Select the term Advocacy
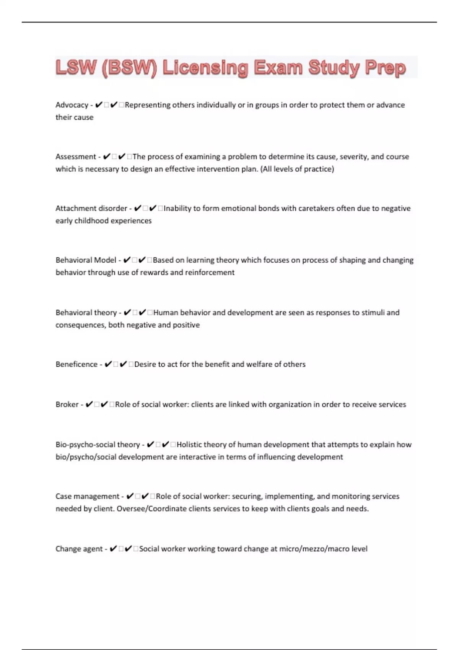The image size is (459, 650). (72, 105)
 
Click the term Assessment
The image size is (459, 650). (76, 157)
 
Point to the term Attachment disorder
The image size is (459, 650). (91, 208)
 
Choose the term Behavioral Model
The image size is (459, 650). (86, 260)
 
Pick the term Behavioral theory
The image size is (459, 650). (86, 313)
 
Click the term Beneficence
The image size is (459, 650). (76, 364)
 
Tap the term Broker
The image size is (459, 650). (67, 405)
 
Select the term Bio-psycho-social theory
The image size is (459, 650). (98, 445)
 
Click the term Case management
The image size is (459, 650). (87, 496)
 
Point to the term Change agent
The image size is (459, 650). (79, 549)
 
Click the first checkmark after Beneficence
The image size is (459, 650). (108, 364)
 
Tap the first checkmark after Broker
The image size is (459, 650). (89, 405)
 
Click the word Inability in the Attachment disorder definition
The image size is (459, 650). (177, 208)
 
